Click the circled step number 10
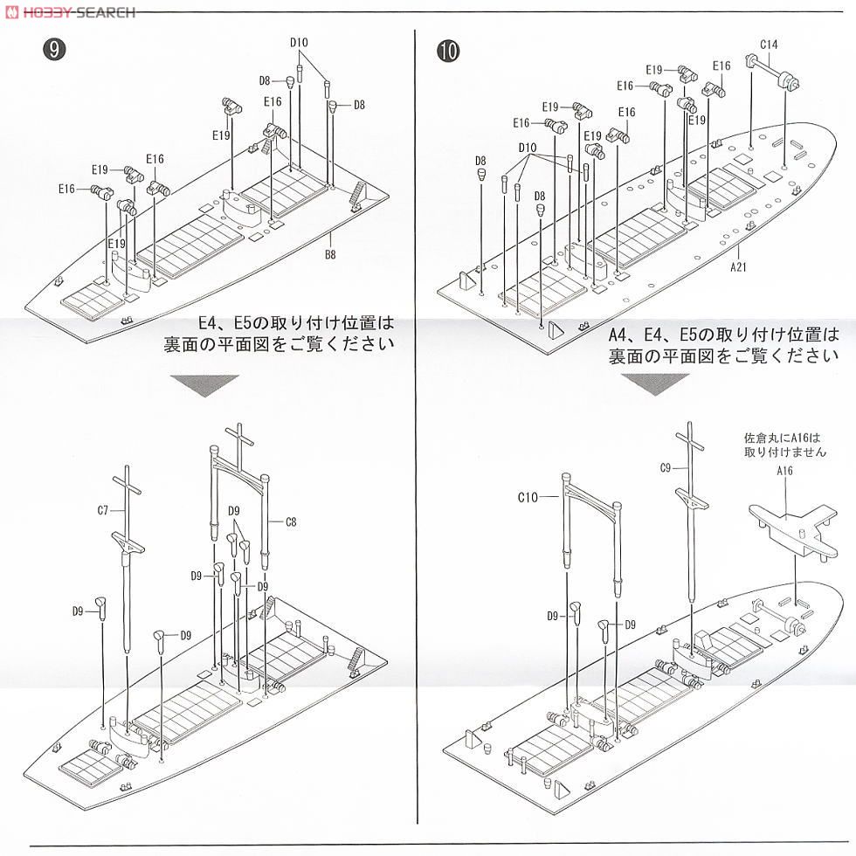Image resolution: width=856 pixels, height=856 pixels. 447,50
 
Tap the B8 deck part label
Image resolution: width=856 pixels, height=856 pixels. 330,254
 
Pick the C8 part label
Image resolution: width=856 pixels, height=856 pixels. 292,521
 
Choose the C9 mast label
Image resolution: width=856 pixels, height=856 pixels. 666,469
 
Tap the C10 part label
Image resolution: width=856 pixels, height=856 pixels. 527,497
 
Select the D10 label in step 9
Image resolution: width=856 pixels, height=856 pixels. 300,43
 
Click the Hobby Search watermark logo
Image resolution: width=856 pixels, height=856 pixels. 70,11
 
